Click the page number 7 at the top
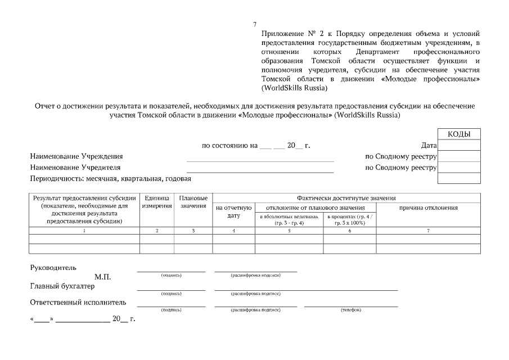point(255,24)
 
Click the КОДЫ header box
point(459,134)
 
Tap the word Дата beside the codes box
point(429,146)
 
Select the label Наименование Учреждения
point(76,156)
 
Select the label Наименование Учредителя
point(75,168)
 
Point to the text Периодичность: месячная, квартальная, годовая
point(110,179)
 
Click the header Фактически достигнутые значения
point(346,198)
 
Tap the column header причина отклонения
point(428,208)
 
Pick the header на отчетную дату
point(233,211)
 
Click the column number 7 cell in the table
point(428,231)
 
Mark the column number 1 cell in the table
point(84,231)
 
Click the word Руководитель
point(53,268)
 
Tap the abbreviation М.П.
point(103,277)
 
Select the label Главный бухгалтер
point(62,286)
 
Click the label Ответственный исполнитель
point(78,303)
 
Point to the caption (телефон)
point(351,310)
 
